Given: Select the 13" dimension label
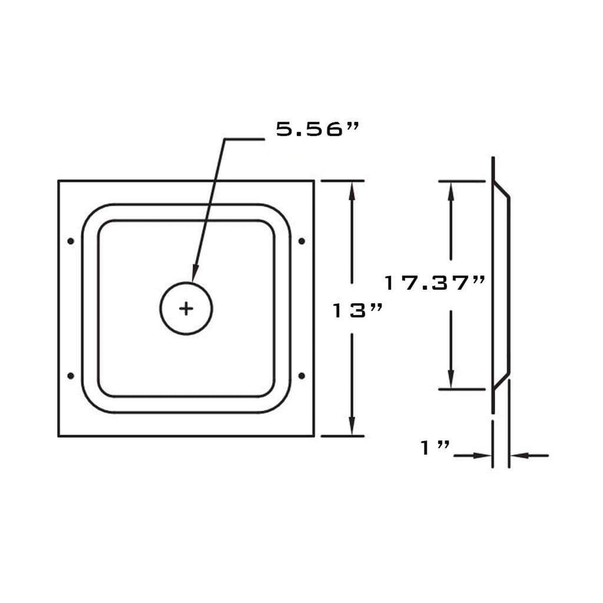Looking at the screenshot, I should pyautogui.click(x=357, y=310).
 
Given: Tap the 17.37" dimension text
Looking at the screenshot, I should pyautogui.click(x=434, y=283).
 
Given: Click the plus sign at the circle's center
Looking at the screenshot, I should pyautogui.click(x=186, y=309).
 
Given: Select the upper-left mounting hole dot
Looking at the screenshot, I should pyautogui.click(x=71, y=241).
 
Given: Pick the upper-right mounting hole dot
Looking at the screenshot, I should pyautogui.click(x=302, y=241).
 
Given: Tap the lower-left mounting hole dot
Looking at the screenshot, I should pyautogui.click(x=71, y=376).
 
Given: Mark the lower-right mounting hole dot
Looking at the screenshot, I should pyautogui.click(x=302, y=376).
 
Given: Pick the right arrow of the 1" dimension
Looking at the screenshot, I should pyautogui.click(x=518, y=456).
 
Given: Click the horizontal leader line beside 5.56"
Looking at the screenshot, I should pyautogui.click(x=244, y=140).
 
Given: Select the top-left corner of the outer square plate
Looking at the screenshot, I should pyautogui.click(x=58, y=181).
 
